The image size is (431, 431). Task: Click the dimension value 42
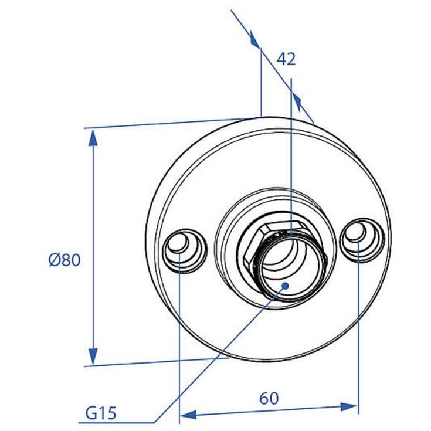(x=286, y=59)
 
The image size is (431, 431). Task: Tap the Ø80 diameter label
(x=65, y=260)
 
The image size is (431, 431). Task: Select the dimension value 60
(x=269, y=398)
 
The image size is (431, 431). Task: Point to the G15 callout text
(x=101, y=413)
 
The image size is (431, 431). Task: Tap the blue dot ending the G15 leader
(x=286, y=286)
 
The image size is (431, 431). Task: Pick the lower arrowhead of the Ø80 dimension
(x=93, y=357)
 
